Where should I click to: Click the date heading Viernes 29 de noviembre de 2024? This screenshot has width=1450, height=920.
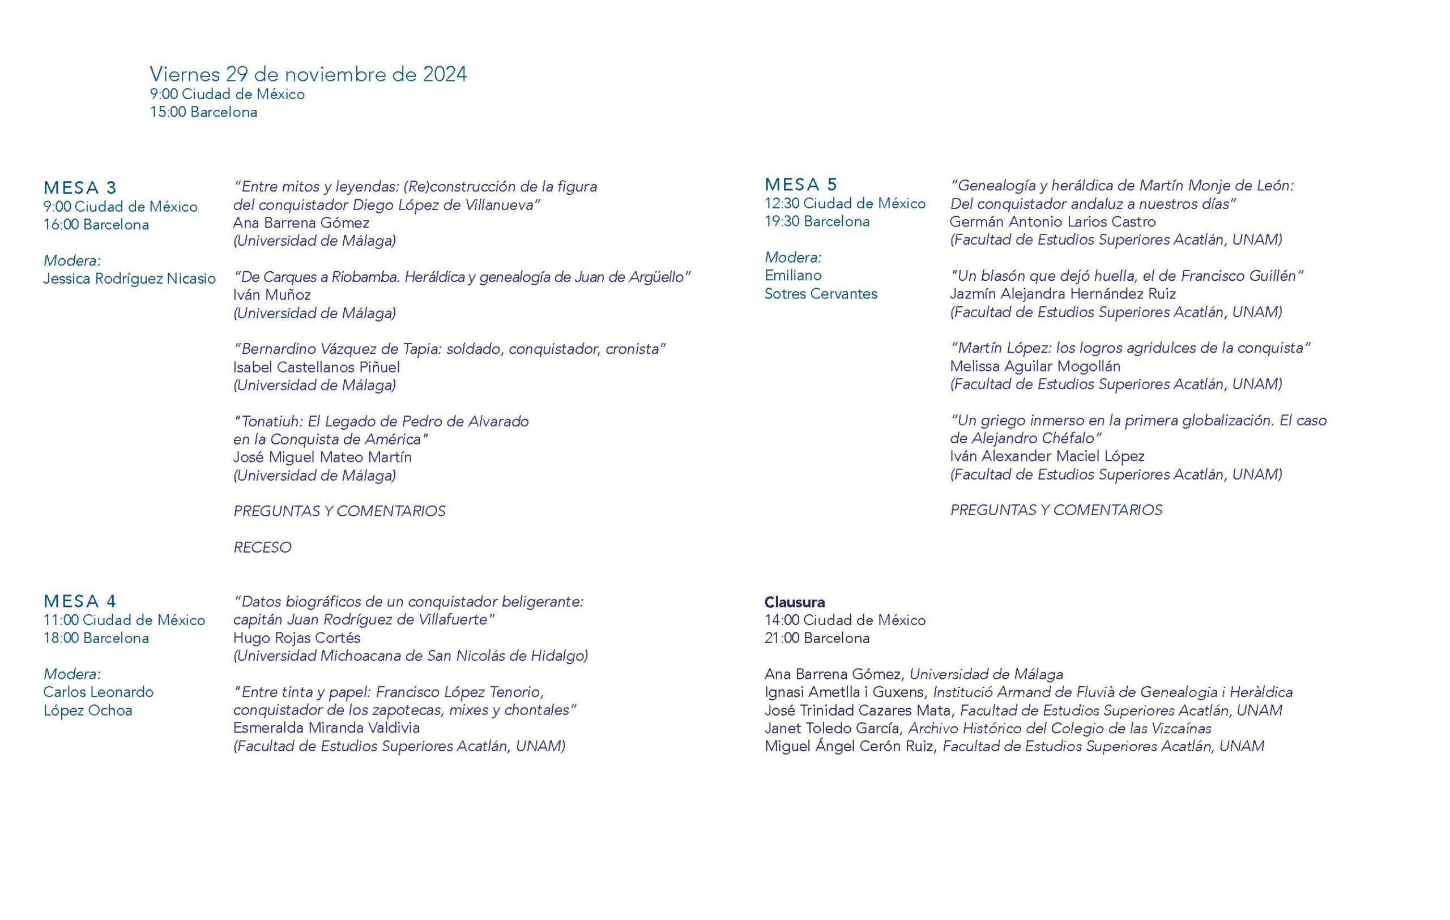pos(308,75)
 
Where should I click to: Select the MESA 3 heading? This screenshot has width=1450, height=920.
pos(80,187)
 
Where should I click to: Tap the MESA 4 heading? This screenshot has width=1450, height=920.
pos(80,601)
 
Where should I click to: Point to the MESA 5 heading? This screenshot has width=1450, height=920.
pos(801,184)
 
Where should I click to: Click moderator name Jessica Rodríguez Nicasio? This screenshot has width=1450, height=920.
pos(129,279)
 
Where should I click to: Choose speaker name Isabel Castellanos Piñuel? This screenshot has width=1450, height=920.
pos(316,367)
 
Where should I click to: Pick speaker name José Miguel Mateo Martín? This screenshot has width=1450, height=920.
pos(322,457)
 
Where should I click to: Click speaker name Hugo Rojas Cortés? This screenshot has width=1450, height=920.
pos(296,638)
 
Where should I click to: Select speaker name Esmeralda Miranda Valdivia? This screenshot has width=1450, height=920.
pos(326,728)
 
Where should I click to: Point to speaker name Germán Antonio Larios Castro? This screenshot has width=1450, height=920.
pos(1052,222)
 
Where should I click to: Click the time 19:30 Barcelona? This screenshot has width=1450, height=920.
pos(817,221)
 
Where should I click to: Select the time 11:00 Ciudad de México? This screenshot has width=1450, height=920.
pos(123,620)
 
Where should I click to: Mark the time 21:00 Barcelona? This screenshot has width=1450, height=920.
pos(817,638)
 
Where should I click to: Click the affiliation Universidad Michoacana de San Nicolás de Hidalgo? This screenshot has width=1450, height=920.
pos(411,656)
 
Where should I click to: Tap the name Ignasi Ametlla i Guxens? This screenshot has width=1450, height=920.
pos(843,692)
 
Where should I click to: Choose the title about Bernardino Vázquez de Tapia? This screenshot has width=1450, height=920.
pos(449,349)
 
